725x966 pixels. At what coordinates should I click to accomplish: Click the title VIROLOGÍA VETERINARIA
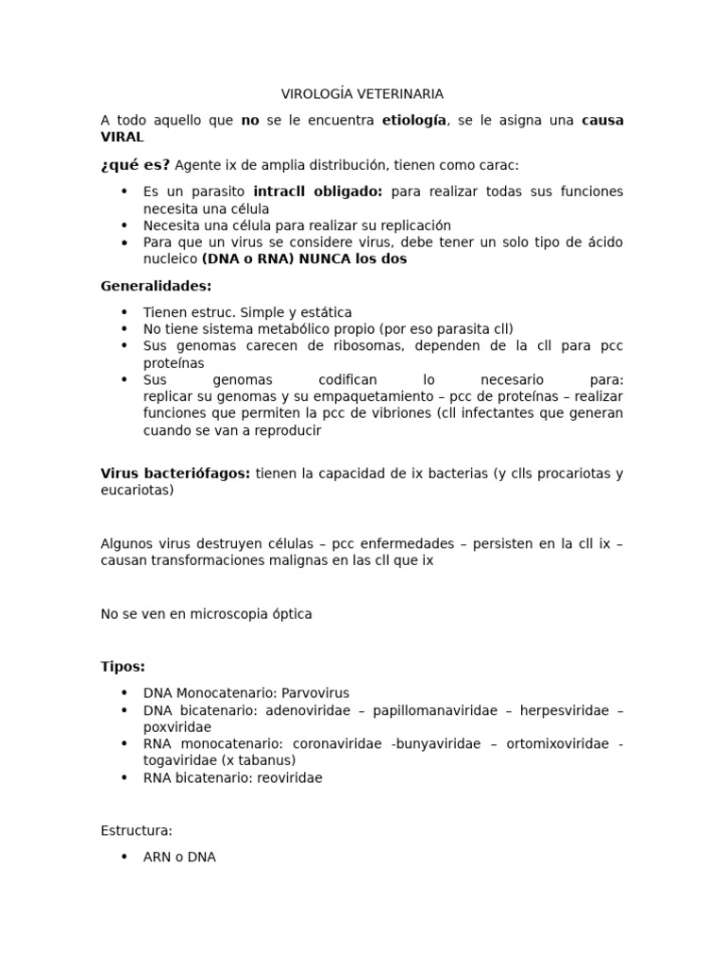point(362,94)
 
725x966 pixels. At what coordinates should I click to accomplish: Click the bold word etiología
point(414,121)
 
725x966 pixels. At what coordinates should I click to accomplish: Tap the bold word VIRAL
point(122,138)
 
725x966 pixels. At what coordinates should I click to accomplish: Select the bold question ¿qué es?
point(135,165)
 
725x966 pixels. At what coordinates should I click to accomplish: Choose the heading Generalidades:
point(156,286)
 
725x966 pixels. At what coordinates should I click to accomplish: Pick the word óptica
point(292,614)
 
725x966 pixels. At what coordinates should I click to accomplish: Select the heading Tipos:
point(123,667)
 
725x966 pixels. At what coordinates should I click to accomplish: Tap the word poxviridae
point(177,727)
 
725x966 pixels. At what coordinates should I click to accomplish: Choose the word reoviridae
point(286,778)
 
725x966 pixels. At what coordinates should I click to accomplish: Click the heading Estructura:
point(136,831)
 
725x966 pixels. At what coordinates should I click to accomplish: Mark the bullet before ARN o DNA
point(124,858)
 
